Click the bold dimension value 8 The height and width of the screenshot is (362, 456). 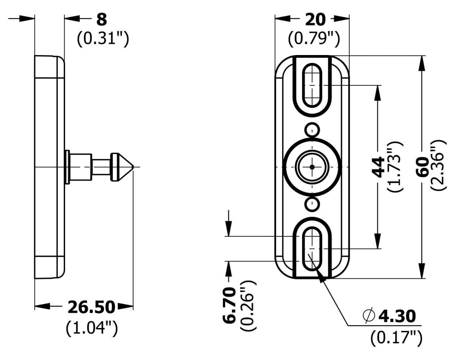(x=101, y=20)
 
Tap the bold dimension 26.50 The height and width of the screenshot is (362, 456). (x=91, y=307)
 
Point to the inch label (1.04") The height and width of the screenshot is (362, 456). (x=92, y=328)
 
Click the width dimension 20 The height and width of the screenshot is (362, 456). (x=315, y=20)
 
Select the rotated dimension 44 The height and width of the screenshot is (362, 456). (x=378, y=167)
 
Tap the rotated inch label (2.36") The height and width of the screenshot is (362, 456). (x=439, y=165)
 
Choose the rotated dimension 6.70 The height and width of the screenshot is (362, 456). (x=229, y=305)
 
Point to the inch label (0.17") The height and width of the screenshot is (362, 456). (x=396, y=339)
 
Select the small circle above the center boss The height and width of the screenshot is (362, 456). (x=312, y=130)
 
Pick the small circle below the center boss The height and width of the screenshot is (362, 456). (x=312, y=204)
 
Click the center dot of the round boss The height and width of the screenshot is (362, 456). (x=312, y=167)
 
